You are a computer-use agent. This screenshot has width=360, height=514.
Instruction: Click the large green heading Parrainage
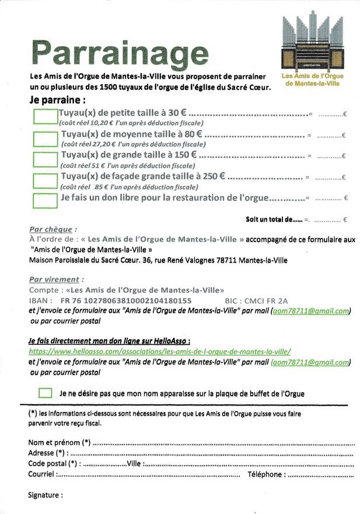tap(120, 53)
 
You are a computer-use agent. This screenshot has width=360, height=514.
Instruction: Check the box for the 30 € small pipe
tap(45, 116)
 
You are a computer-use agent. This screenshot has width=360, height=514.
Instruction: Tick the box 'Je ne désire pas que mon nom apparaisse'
tap(46, 393)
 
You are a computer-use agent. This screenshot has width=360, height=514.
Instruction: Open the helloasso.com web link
tap(160, 351)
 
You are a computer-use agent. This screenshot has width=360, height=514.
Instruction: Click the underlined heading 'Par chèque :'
tap(53, 229)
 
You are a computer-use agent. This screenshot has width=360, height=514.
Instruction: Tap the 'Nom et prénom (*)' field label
tap(59, 442)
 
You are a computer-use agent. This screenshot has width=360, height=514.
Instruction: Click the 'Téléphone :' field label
tap(265, 474)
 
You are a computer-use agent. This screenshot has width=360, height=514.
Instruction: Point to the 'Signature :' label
tap(46, 495)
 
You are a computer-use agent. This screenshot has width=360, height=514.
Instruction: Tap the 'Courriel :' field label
tap(43, 474)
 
